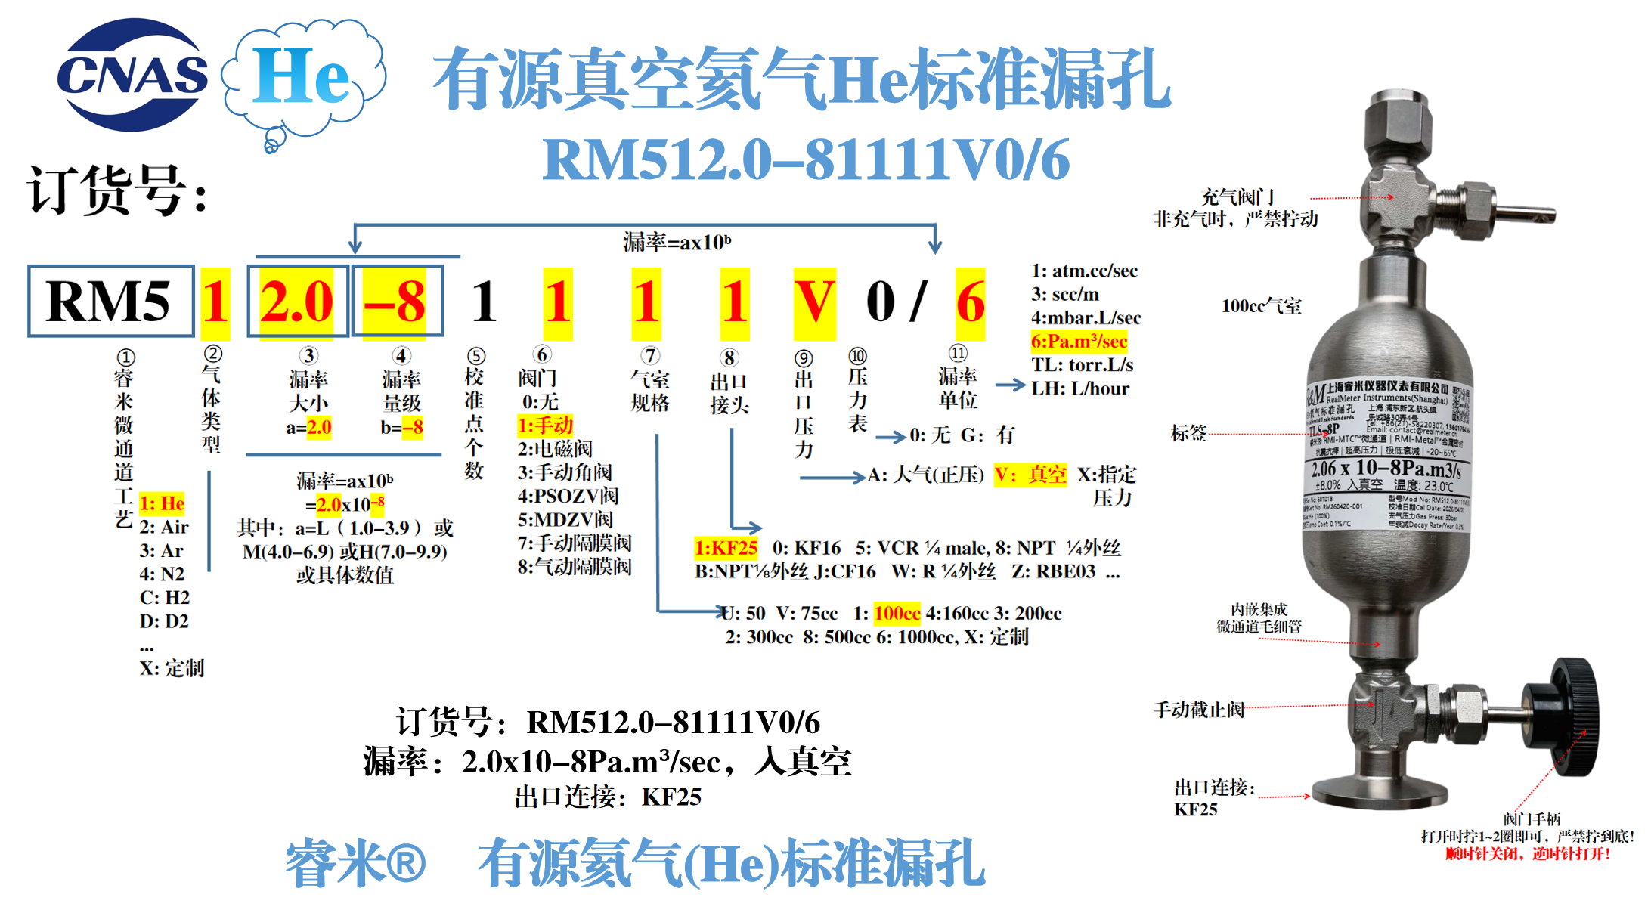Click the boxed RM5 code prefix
pos(110,301)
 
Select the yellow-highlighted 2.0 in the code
pos(296,302)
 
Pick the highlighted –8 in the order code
pos(395,302)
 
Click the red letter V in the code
pos(814,302)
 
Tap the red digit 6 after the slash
pos(970,302)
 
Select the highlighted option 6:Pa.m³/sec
pos(1079,342)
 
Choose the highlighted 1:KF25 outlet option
pos(726,548)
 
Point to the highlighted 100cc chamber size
pos(897,613)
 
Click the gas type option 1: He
pos(162,503)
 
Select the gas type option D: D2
pos(164,621)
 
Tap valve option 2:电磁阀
pos(555,449)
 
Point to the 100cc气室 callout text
pos(1261,306)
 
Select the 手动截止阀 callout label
pos(1198,710)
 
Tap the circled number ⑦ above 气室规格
pos(650,355)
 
